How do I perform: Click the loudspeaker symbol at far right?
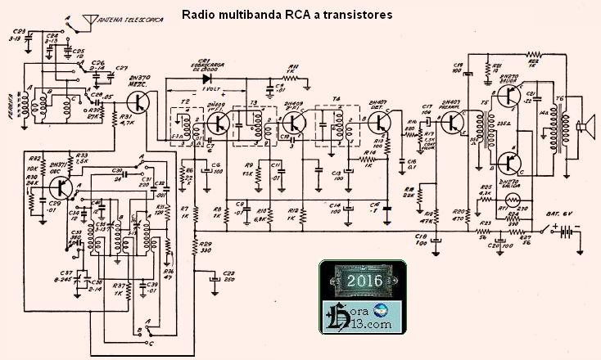585,126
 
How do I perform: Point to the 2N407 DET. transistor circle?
379,123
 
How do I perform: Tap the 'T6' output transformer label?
559,100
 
